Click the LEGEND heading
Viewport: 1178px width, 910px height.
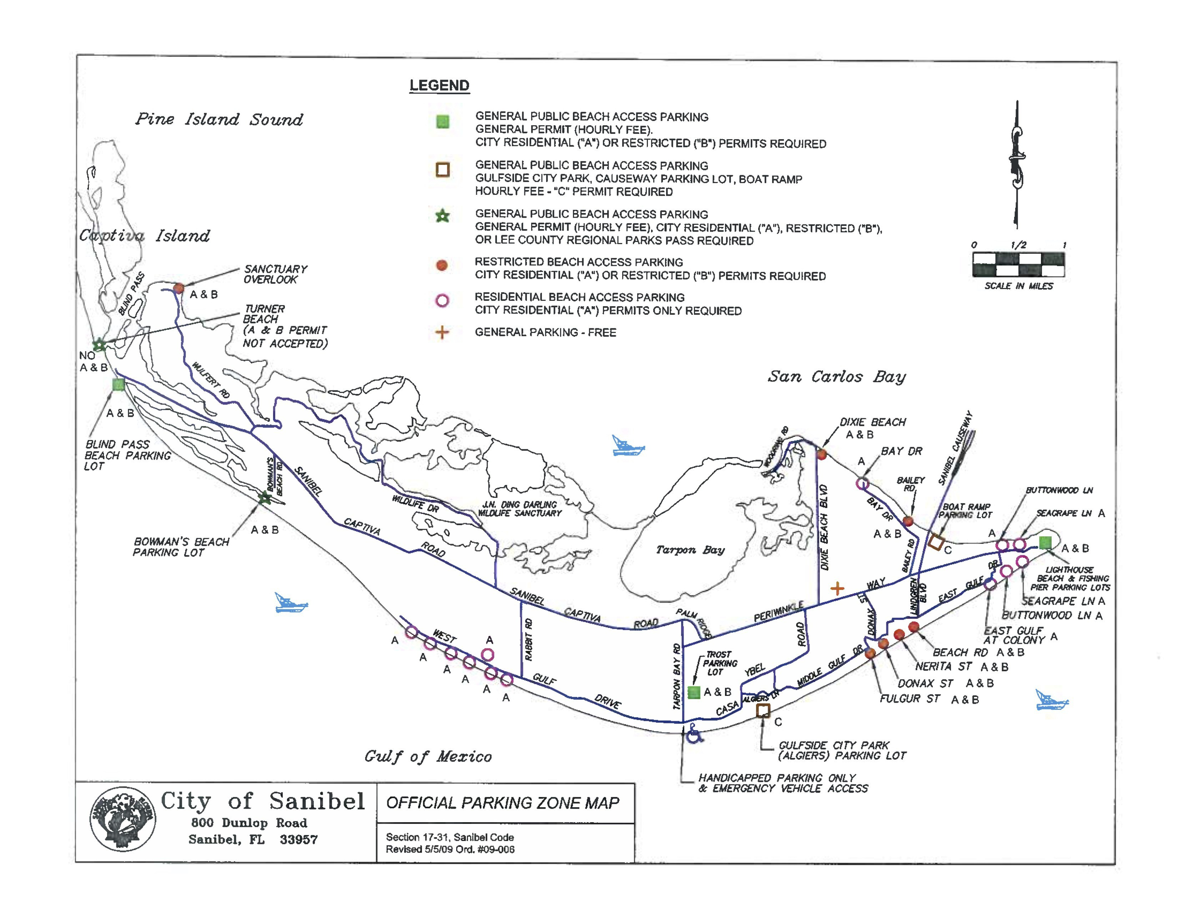coord(439,86)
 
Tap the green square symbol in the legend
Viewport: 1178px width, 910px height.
coord(442,122)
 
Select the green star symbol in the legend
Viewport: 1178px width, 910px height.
coord(442,217)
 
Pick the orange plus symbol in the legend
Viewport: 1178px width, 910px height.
coord(442,332)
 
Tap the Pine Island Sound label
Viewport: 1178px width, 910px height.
coord(219,119)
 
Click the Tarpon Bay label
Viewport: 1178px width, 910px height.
coord(690,550)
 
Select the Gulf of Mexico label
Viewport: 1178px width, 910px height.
coord(428,756)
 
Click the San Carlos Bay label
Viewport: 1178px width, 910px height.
coord(837,376)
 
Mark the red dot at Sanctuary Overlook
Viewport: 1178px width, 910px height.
coord(178,288)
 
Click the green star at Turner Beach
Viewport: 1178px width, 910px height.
coord(99,344)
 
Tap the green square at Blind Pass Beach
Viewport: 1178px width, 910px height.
coord(119,384)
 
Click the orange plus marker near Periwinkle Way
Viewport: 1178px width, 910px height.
coord(837,588)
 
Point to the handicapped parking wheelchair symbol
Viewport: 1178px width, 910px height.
coord(693,734)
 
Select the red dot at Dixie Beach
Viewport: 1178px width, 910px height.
coord(821,454)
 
